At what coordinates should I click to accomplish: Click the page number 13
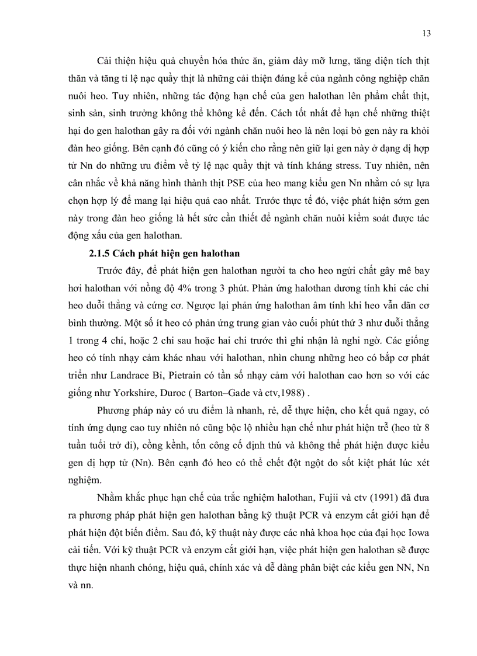click(426, 33)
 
